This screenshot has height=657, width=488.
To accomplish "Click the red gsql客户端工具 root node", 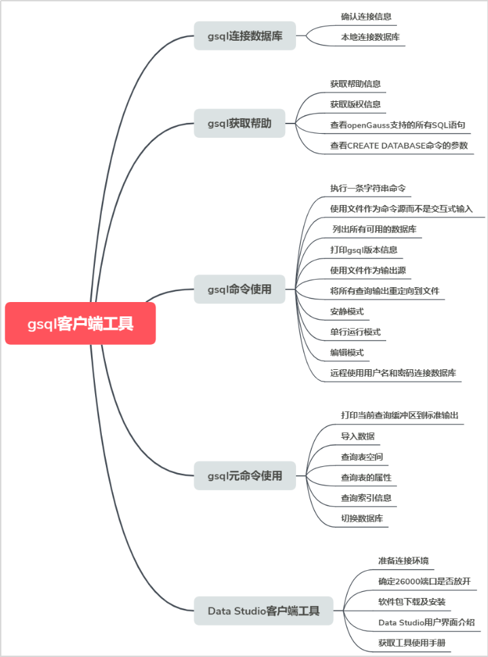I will [80, 323].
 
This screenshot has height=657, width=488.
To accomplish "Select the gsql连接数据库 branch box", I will [244, 36].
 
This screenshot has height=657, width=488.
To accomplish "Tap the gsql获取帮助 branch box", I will [239, 124].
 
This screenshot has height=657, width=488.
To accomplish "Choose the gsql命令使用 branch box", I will [239, 289].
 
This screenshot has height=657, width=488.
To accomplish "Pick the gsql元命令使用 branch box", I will [244, 476].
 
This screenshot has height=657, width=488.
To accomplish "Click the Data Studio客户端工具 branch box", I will [264, 611].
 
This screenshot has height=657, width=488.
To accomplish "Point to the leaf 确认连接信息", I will [366, 16].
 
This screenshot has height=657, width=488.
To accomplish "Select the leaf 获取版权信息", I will [355, 104].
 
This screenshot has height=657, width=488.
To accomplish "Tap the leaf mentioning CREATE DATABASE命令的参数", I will [398, 145].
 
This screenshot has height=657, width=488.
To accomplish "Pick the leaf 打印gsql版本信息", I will [364, 249].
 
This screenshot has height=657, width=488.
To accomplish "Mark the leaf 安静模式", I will [347, 311].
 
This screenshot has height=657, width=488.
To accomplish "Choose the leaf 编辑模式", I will [347, 352].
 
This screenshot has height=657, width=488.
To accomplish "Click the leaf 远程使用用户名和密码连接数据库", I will [393, 373].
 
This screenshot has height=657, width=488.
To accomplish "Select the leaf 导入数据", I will [358, 436].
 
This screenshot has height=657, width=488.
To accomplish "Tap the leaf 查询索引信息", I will [366, 498].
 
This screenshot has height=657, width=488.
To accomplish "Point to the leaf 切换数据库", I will [362, 519].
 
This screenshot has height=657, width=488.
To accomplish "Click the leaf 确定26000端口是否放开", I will [424, 581].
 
